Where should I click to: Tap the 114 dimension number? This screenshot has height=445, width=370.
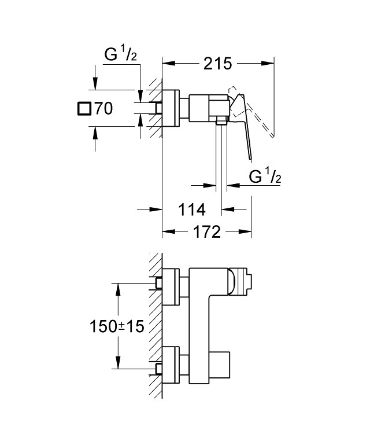(192, 210)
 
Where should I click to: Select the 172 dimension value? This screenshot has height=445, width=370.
(207, 232)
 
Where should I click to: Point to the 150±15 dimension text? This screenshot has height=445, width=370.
(117, 326)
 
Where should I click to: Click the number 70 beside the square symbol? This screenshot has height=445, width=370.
(103, 108)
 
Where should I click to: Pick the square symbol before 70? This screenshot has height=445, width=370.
(84, 109)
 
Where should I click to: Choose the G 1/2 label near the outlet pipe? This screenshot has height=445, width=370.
(265, 176)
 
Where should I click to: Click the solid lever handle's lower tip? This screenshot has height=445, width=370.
(250, 159)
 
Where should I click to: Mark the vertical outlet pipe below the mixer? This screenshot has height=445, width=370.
(221, 156)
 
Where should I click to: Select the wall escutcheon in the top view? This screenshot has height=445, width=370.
(171, 108)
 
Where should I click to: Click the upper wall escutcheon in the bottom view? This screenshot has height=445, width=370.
(171, 286)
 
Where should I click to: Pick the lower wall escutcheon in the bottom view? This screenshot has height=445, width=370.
(171, 365)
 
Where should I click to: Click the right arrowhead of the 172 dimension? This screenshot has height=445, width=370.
(245, 232)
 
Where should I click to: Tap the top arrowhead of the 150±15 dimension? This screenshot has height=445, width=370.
(119, 289)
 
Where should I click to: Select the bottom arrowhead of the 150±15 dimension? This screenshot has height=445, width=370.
(119, 363)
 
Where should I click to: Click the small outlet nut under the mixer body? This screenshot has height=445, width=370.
(222, 120)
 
